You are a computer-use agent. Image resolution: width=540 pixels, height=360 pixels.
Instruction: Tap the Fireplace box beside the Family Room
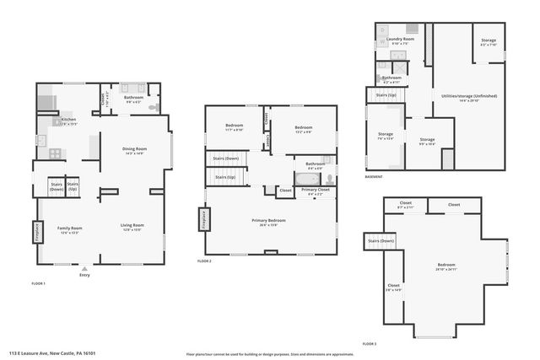coord(38,231)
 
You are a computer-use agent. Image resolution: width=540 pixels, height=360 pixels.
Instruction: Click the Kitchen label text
coord(68,121)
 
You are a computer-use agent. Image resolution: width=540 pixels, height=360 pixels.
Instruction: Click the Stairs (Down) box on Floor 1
coord(57,187)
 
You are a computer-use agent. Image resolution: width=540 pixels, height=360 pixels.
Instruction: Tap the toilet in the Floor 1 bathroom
coord(153,108)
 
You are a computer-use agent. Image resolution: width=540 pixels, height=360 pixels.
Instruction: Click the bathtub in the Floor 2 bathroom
coord(305,179)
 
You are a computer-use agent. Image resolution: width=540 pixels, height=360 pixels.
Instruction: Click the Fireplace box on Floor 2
coord(203,219)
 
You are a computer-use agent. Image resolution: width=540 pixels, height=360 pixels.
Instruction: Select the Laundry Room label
coord(400,40)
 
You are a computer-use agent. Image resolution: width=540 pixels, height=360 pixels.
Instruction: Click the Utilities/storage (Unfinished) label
coord(469,97)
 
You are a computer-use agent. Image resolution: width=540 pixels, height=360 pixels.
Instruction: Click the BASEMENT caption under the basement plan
coord(374,176)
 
